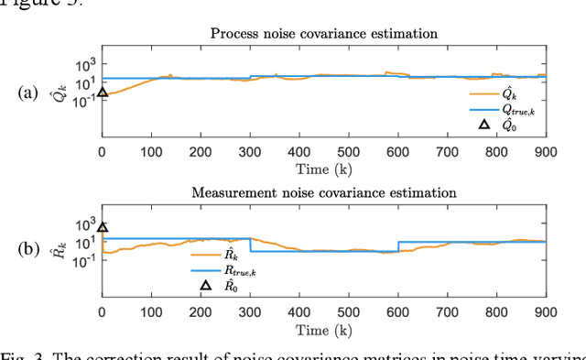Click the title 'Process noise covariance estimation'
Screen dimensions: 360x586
click(324, 34)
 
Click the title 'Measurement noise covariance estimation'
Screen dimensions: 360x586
click(324, 193)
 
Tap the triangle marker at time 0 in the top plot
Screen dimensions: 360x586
click(103, 92)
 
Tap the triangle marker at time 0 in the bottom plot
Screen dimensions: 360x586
click(103, 228)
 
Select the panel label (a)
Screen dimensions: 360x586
click(29, 93)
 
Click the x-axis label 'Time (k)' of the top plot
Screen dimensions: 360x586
click(324, 169)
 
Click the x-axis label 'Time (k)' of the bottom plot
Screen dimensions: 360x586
click(324, 328)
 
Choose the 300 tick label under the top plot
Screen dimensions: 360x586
click(249, 152)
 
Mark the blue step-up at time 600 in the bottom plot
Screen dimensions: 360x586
click(397, 246)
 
